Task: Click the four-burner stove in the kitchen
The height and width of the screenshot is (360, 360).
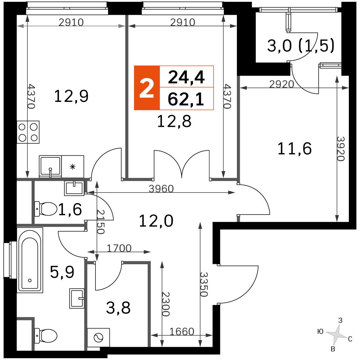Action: click(x=28, y=132)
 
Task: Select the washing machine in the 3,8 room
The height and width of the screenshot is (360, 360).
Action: click(x=99, y=338)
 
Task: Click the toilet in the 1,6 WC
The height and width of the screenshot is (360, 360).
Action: click(x=46, y=209)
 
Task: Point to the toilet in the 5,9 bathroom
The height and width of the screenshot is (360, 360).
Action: click(x=46, y=336)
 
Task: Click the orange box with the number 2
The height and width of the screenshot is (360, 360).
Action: click(x=147, y=88)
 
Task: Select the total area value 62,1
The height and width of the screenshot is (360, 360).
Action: click(x=186, y=99)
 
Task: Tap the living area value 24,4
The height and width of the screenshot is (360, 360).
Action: click(x=186, y=77)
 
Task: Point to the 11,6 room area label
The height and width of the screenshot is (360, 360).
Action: click(x=294, y=149)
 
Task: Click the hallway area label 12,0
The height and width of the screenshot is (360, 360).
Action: click(x=156, y=221)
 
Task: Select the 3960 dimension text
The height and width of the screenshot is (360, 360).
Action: click(x=161, y=189)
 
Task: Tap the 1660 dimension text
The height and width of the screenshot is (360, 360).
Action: click(x=182, y=332)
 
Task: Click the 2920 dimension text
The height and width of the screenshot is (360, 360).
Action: click(x=282, y=84)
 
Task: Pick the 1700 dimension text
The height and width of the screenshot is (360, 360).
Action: click(x=119, y=248)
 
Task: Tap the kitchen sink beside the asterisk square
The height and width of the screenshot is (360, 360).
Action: click(x=50, y=166)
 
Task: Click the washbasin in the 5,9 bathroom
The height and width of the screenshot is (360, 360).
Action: click(x=76, y=298)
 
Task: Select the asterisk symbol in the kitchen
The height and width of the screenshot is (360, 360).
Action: click(x=73, y=167)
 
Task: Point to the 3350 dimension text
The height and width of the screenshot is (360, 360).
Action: click(x=204, y=284)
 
